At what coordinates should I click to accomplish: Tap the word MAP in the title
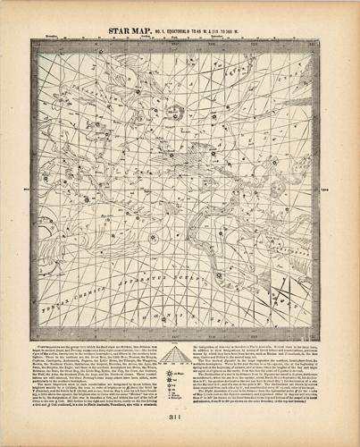[151, 30]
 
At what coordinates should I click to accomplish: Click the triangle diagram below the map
[181, 355]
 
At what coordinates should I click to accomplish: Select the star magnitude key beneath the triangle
[181, 380]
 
